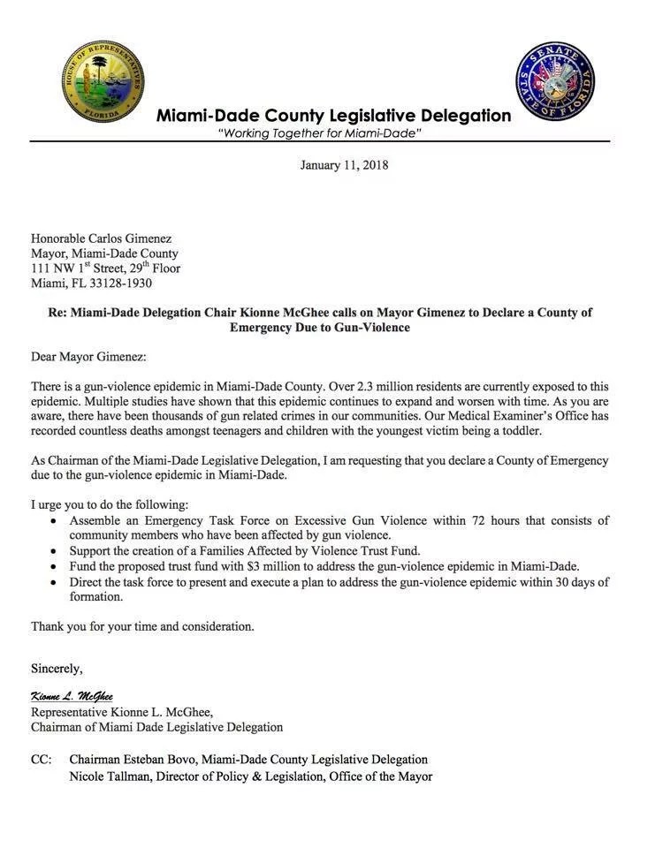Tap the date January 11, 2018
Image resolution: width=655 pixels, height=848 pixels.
(344, 165)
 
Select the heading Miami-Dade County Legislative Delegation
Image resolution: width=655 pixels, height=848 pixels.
(333, 116)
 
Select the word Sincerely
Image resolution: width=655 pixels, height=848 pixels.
(57, 666)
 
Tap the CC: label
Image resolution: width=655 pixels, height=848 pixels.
(42, 760)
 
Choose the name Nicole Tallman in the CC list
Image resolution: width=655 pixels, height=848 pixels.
(111, 776)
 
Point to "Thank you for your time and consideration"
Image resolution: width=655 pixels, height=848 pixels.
(142, 626)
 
